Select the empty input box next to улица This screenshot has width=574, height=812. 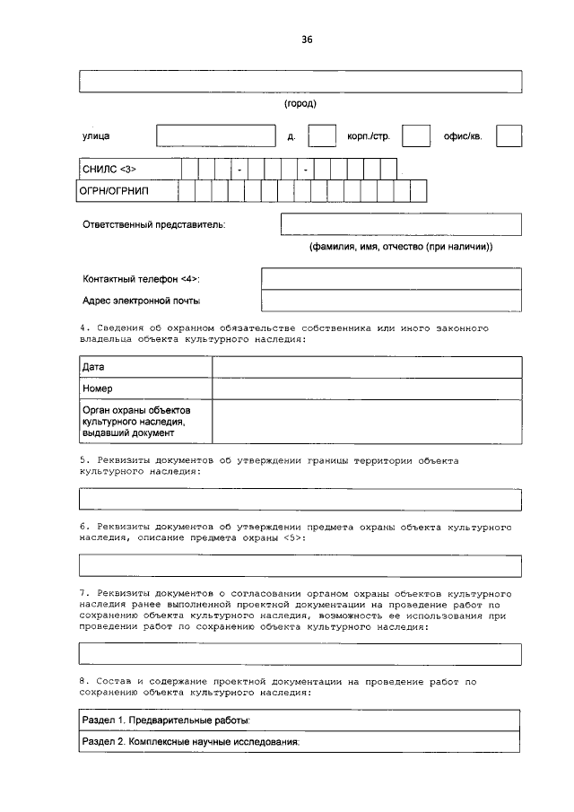tap(215, 135)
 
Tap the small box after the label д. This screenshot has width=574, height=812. tap(321, 135)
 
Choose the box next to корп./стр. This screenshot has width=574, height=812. tap(415, 135)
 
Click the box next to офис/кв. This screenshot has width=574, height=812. tap(509, 135)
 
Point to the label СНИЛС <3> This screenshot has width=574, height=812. tap(109, 169)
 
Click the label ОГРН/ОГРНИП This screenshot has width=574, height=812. tap(114, 191)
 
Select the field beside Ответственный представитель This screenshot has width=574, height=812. tap(400, 223)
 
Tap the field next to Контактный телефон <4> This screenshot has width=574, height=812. tap(390, 278)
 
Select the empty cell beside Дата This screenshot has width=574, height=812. tap(366, 368)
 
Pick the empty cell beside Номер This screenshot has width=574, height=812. tap(366, 389)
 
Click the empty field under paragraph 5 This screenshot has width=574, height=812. tap(300, 499)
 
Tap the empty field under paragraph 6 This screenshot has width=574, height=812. tap(300, 565)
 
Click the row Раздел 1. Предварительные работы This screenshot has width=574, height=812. tap(300, 720)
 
